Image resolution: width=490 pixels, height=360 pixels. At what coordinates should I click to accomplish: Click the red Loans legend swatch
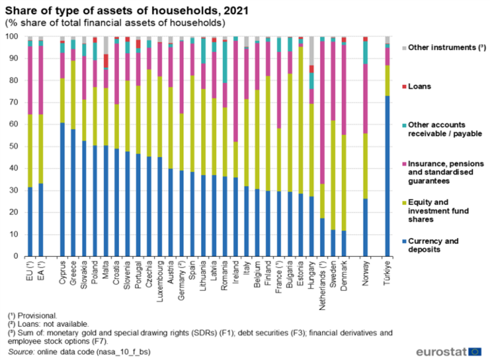404,87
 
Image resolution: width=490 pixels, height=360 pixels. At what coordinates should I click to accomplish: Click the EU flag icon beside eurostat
475,351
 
